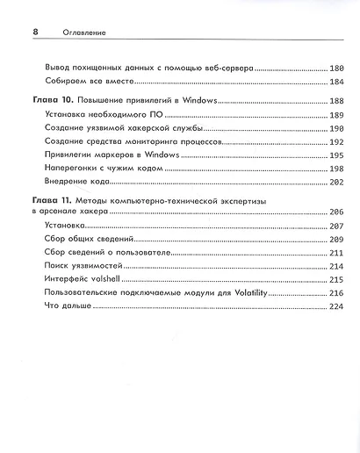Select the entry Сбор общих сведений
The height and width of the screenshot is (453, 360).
[x=83, y=240]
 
